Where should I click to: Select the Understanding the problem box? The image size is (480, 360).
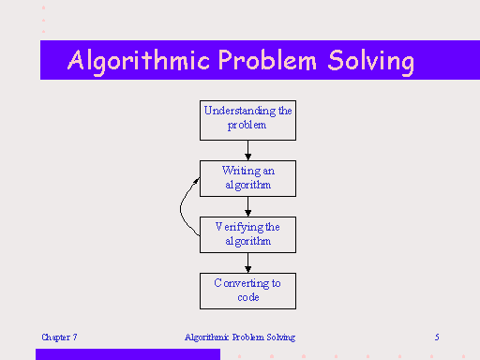(247, 118)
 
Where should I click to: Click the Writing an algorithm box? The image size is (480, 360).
(247, 177)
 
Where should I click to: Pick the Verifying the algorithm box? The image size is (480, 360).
(247, 233)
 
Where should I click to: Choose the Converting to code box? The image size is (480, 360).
(247, 290)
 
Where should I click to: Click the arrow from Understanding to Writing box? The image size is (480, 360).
(247, 150)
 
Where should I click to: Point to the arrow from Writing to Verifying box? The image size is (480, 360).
(247, 205)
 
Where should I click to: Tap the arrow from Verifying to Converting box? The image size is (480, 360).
(247, 262)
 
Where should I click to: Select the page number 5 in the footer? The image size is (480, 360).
(437, 337)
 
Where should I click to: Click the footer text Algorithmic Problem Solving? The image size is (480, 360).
(240, 337)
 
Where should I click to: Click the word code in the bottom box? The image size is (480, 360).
(247, 297)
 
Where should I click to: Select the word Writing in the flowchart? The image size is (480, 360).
(241, 171)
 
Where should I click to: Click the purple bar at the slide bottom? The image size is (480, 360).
(127, 354)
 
